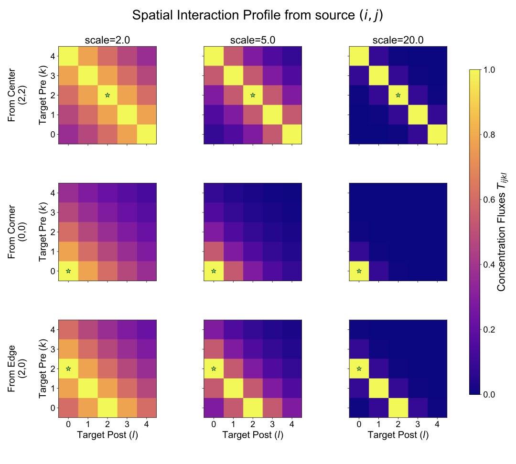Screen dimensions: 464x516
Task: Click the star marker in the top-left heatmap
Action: point(107,95)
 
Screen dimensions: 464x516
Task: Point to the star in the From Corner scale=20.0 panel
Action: point(359,271)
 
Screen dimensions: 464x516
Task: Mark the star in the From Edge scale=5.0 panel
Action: point(214,369)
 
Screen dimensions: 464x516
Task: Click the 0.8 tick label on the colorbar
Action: point(490,135)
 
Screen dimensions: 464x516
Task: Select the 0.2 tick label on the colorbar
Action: point(490,329)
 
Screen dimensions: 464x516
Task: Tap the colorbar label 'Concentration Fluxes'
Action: point(503,232)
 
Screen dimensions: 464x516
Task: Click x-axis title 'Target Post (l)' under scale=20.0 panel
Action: point(398,434)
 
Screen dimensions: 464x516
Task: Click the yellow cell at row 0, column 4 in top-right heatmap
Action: point(437,135)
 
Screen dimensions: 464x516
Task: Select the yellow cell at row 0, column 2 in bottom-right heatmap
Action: point(398,408)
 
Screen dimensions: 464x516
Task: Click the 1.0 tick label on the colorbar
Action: point(490,70)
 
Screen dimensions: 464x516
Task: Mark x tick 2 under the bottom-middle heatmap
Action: point(253,423)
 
